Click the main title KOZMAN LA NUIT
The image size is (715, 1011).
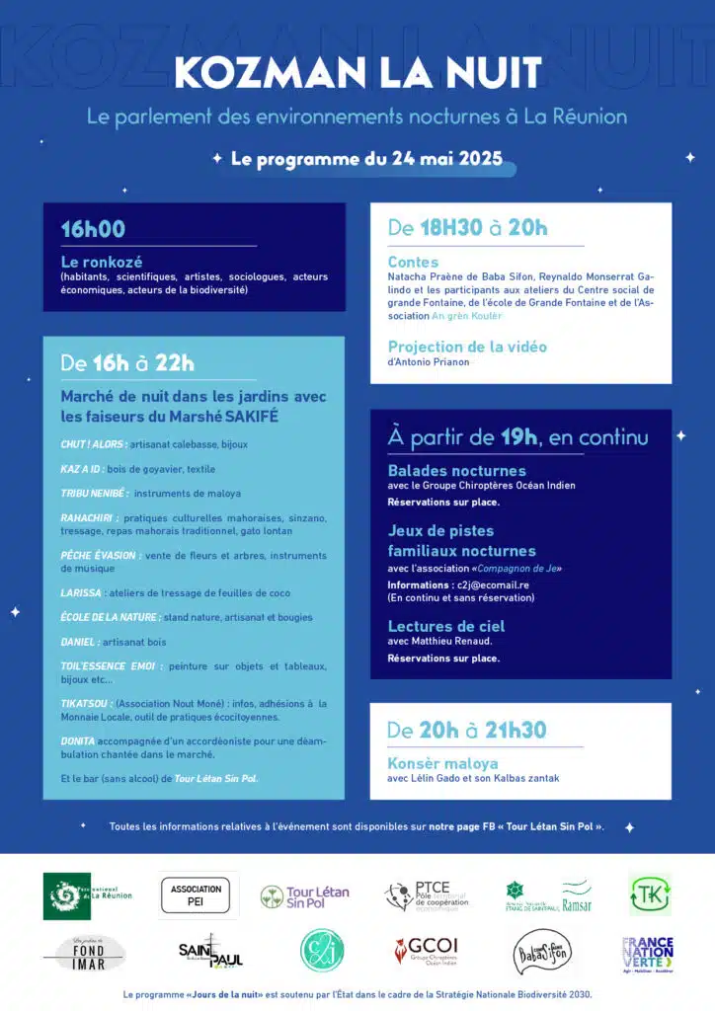click(x=357, y=72)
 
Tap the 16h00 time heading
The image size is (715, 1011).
click(x=93, y=229)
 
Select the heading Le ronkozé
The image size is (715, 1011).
click(x=102, y=262)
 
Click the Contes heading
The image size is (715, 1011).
click(x=413, y=262)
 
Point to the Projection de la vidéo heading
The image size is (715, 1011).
click(x=467, y=347)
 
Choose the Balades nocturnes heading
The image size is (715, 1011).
click(x=456, y=470)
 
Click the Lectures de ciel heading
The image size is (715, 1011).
click(x=445, y=626)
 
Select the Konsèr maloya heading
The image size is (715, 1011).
click(x=442, y=763)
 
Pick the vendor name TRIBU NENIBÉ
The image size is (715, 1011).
click(x=93, y=493)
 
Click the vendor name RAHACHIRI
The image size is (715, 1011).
click(x=89, y=517)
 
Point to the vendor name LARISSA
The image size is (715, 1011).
click(x=81, y=592)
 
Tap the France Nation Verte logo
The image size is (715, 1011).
click(x=647, y=952)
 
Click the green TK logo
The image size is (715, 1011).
click(x=649, y=894)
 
